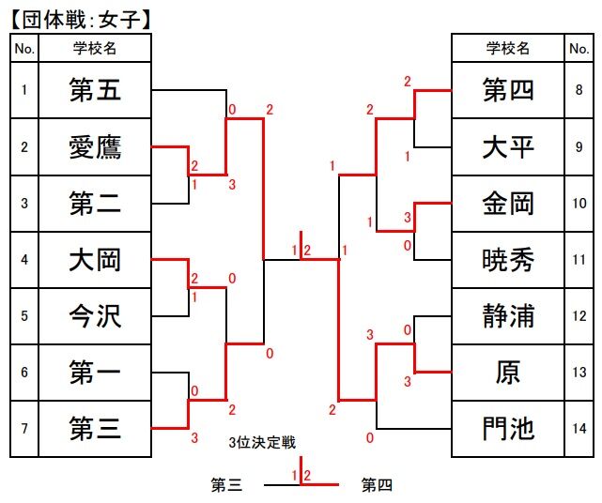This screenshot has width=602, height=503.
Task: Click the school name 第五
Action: (95, 91)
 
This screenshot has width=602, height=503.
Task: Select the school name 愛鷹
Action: (95, 147)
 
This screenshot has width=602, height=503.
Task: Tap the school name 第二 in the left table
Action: (95, 204)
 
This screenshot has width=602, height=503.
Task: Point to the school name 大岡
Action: (95, 260)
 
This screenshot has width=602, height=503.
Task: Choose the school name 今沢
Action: (95, 316)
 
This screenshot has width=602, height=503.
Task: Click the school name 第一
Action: (95, 373)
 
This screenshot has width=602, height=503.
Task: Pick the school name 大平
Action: (508, 147)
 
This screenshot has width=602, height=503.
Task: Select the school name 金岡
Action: (508, 204)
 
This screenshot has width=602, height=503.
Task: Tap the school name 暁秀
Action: (508, 260)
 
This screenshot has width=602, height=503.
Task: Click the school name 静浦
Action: (508, 316)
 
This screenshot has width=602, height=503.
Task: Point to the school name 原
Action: (508, 373)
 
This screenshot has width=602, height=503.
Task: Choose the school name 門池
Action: (508, 429)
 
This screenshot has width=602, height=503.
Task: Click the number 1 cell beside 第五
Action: (24, 91)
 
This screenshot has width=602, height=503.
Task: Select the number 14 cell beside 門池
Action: (579, 429)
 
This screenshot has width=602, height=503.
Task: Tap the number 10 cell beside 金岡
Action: (579, 204)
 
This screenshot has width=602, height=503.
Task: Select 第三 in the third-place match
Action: (226, 486)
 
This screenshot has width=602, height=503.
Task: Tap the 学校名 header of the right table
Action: (508, 49)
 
